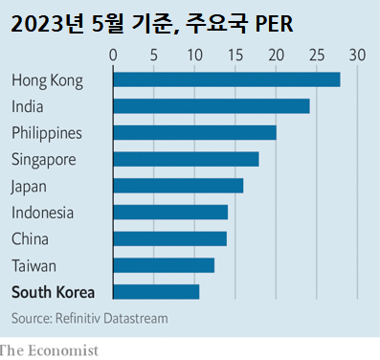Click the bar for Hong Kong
click(227, 79)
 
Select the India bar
click(212, 106)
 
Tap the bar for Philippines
click(195, 132)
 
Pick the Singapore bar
click(187, 159)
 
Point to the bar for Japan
click(179, 186)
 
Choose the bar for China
click(170, 238)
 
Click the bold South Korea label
click(53, 292)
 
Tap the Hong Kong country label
click(46, 79)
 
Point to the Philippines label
click(46, 133)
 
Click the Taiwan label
click(34, 265)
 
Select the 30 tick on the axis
click(357, 55)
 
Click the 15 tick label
click(235, 55)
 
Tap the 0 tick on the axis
click(114, 55)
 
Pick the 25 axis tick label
click(317, 55)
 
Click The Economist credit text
click(50, 350)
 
